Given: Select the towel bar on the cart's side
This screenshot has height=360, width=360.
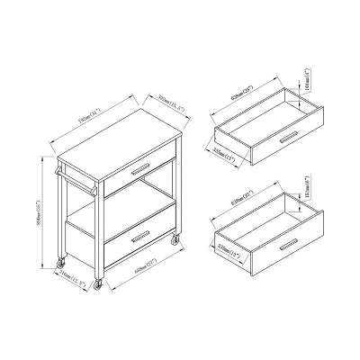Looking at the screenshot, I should click(x=79, y=180).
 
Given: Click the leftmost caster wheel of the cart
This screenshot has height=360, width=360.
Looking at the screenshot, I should click(x=61, y=262).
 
